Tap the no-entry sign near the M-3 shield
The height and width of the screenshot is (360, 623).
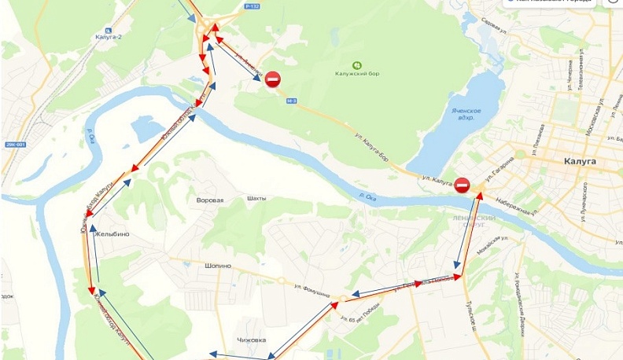coord(272,79)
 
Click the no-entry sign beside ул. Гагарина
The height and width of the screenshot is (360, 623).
coord(462,185)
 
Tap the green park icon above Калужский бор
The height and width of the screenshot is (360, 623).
coord(358,64)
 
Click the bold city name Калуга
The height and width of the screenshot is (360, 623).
coord(581,160)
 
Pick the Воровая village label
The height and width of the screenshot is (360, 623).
coord(210,200)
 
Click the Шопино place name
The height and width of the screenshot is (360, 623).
coord(218,266)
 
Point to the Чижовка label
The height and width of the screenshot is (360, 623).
coord(251,340)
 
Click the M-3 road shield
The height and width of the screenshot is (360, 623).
coord(292,101)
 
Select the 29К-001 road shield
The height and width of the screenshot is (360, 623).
coord(14,145)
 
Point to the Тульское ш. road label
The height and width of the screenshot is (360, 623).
coord(472,314)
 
